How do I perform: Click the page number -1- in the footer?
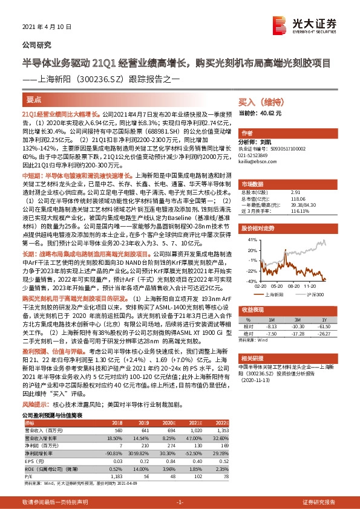point(180,502)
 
